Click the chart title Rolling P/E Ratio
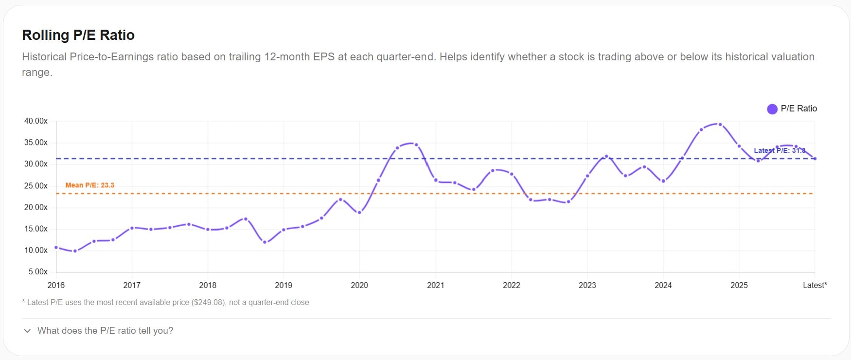click(78, 35)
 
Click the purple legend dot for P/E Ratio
click(772, 109)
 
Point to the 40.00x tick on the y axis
click(36, 121)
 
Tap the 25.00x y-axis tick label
click(36, 186)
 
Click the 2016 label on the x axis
click(56, 285)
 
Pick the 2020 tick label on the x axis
click(359, 285)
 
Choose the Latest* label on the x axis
click(815, 285)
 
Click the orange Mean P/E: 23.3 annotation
click(90, 185)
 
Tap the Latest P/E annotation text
click(779, 150)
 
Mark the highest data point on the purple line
click(720, 125)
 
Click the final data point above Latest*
click(815, 159)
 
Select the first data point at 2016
click(56, 248)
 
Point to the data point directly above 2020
click(359, 213)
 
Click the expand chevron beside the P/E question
click(27, 331)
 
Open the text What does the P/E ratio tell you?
click(105, 331)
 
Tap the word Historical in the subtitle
click(44, 57)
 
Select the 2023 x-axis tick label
click(587, 285)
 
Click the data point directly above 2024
click(663, 181)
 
